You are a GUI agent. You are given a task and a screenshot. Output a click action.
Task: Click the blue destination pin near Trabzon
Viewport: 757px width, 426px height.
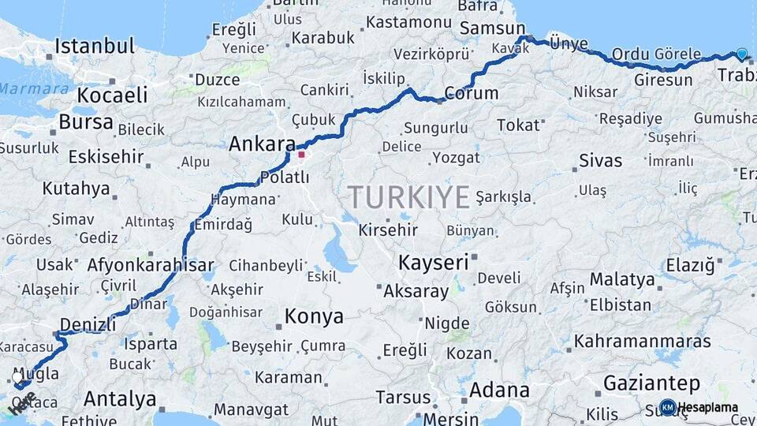pos(741,54)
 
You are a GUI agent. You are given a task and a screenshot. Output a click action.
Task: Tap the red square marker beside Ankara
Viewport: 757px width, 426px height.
pos(300,155)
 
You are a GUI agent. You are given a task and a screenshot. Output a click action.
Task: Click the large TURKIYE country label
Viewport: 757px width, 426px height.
pos(409,196)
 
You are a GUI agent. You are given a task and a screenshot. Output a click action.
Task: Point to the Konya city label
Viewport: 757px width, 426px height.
pos(314,317)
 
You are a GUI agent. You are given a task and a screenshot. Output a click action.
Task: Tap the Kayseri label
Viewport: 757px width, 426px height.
pos(434,261)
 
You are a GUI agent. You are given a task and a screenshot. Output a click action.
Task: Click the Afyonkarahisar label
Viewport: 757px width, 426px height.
pos(151,265)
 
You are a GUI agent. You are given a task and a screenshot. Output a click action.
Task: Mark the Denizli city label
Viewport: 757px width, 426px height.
pos(88,323)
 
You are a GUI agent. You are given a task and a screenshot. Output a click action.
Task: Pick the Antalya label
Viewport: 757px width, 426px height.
pos(119,398)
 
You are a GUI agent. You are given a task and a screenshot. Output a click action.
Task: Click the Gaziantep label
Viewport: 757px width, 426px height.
pos(651,384)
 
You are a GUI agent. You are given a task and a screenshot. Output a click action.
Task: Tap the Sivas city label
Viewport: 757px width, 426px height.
pos(600,161)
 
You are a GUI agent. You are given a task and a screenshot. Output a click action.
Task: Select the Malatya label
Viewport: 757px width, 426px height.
pos(622,279)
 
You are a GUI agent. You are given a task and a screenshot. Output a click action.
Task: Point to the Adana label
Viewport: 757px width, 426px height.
pos(499,390)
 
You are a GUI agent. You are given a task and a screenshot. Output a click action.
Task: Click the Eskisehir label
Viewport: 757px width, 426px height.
pos(106,156)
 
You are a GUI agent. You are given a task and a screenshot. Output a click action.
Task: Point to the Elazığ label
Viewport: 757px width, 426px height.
pos(690,265)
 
